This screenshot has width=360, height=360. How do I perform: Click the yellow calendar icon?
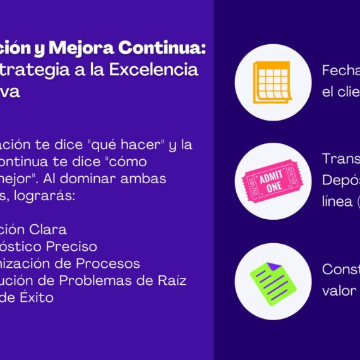[x=272, y=82]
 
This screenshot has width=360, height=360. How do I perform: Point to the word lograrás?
[x=48, y=195]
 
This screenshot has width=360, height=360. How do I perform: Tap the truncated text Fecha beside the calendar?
[x=341, y=70]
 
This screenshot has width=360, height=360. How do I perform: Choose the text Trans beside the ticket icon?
[x=341, y=159]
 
